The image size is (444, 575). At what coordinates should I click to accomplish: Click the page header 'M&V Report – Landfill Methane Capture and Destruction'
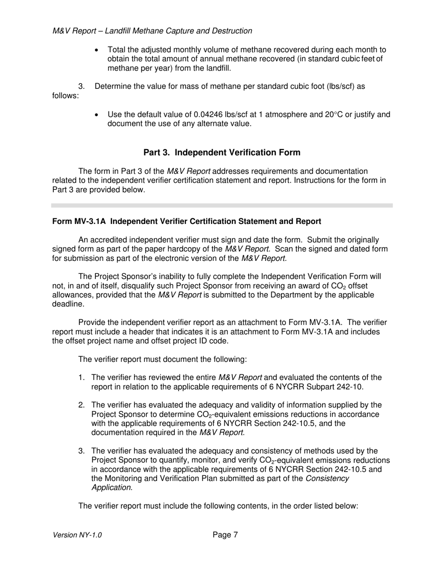coord(152,31)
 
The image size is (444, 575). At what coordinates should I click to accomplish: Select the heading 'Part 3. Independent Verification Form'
coord(222,152)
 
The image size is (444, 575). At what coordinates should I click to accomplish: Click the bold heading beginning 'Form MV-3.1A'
coord(186,221)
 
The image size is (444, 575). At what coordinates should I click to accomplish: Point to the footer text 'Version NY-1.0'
coord(77,535)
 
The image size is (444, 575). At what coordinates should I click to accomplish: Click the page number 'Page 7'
coord(225,535)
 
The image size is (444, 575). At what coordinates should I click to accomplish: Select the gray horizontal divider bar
coord(222,205)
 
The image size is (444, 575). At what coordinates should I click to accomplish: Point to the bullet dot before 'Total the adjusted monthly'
coord(97,50)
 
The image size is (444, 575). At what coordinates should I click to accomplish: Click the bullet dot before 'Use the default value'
coord(97,115)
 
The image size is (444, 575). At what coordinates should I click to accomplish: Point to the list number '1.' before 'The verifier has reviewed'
coord(81,378)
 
